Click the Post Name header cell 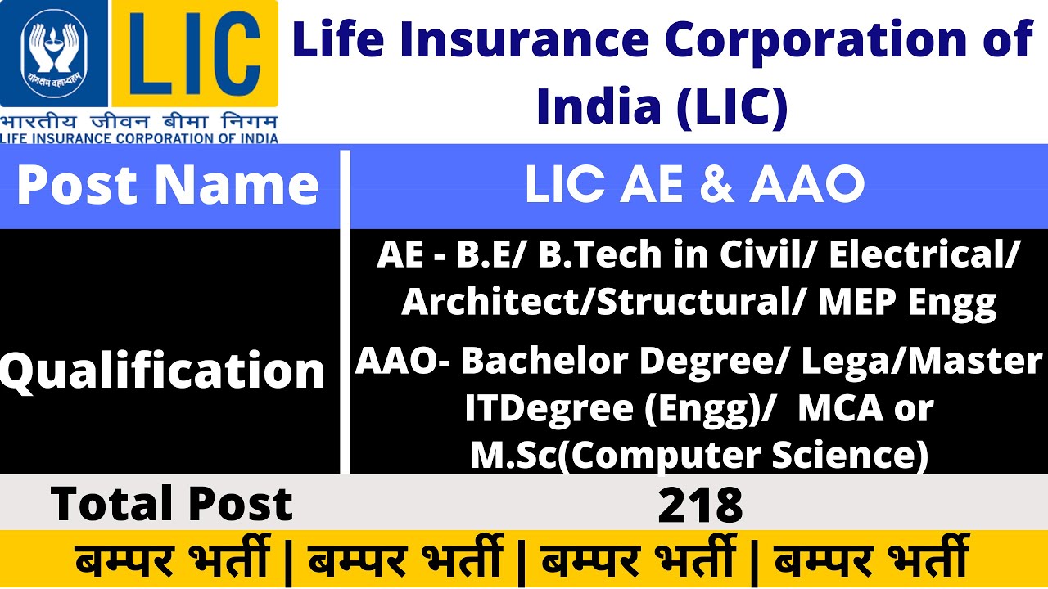[168, 185]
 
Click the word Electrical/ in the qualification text [924, 255]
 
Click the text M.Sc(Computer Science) [699, 456]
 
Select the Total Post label [172, 503]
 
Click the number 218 [700, 505]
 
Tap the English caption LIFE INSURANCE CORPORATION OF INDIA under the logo [139, 138]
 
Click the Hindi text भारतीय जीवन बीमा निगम [139, 122]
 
